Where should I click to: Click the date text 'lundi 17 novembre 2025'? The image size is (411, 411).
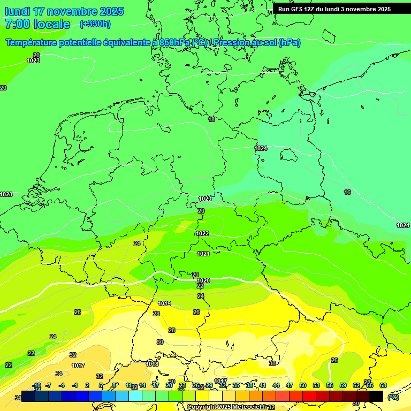point(64,11)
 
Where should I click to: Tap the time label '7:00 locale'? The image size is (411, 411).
point(37,24)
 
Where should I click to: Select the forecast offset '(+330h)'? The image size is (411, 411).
point(95,24)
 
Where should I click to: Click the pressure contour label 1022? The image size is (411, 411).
point(202,234)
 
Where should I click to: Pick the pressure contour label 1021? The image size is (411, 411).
point(203,254)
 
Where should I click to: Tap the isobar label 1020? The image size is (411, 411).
point(203,280)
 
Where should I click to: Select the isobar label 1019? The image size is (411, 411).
point(164,303)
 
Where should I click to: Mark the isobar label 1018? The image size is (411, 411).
point(153,364)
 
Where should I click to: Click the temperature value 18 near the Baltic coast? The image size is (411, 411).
point(211,119)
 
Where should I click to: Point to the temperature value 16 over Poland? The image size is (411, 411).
point(347,192)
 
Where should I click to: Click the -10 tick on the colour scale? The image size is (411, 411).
point(36,385)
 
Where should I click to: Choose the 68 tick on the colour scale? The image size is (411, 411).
point(383,385)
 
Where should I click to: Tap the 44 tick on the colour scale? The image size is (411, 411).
point(276,385)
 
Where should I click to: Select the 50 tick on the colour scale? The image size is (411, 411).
point(303,385)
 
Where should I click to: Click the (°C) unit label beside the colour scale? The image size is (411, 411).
point(393,397)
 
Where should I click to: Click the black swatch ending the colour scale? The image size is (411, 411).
point(376,396)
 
